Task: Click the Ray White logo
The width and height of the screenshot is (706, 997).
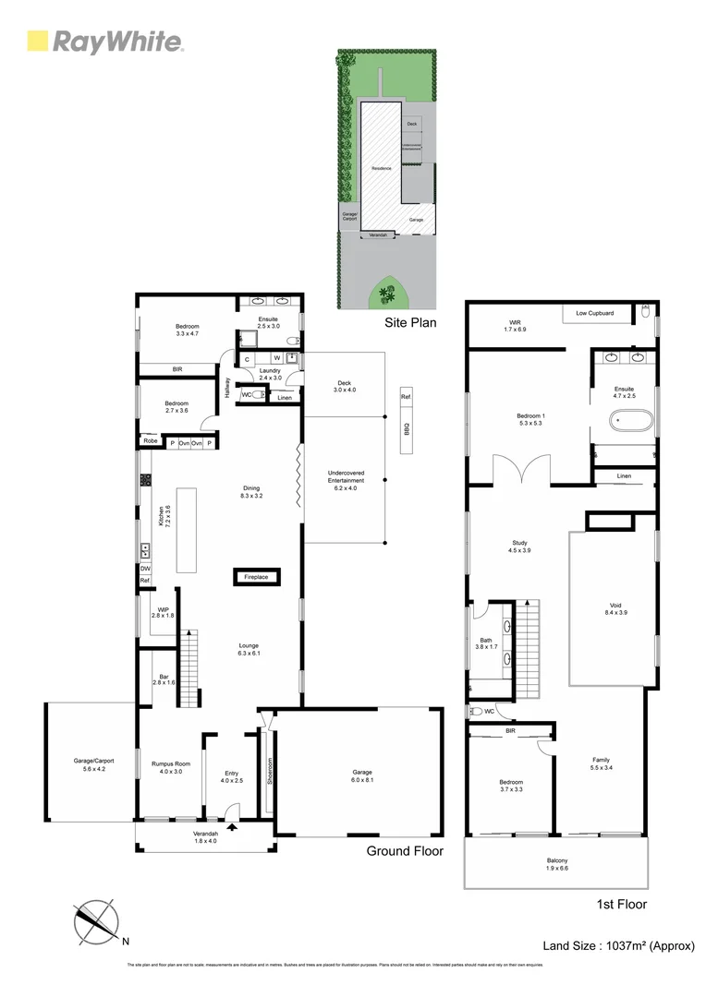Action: tap(104, 42)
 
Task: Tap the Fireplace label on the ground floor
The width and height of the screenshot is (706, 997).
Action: tap(256, 577)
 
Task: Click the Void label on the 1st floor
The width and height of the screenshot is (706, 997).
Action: tap(614, 607)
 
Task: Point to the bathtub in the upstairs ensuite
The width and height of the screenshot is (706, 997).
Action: tap(632, 423)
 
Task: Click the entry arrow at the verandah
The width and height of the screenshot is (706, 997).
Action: tap(231, 828)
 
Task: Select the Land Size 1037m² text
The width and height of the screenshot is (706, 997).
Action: tap(617, 945)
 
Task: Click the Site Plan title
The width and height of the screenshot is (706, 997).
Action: tap(410, 323)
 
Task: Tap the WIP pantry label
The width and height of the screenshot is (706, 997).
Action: tap(163, 610)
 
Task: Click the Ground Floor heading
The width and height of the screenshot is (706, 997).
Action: tap(405, 851)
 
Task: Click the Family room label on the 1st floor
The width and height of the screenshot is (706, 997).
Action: tap(601, 763)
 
